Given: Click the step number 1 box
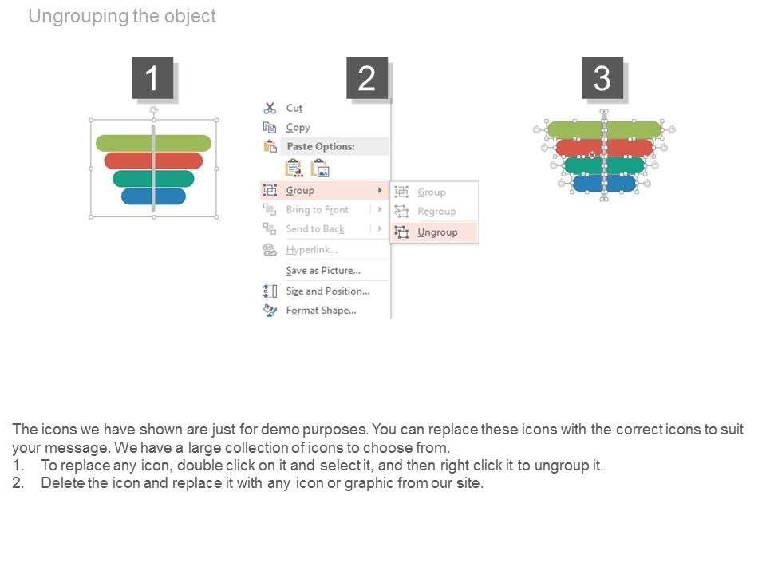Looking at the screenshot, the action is pyautogui.click(x=152, y=78).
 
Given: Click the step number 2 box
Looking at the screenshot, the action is pyautogui.click(x=367, y=78).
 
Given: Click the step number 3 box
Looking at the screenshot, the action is pyautogui.click(x=602, y=78).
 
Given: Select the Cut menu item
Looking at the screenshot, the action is pyautogui.click(x=294, y=108).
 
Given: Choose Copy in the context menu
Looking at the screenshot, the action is pyautogui.click(x=298, y=127).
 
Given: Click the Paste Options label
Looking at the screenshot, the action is pyautogui.click(x=320, y=147).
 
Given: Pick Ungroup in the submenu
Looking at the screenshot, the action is pyautogui.click(x=437, y=232).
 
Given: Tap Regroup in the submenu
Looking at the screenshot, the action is pyautogui.click(x=436, y=212).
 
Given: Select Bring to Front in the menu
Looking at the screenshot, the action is pyautogui.click(x=317, y=210).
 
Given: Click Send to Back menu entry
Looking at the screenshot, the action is pyautogui.click(x=315, y=229).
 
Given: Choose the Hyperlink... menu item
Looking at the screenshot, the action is pyautogui.click(x=310, y=250).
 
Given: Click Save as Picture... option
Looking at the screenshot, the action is pyautogui.click(x=322, y=271).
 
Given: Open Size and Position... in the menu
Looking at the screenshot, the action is pyautogui.click(x=327, y=291).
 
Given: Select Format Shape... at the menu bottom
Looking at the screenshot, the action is pyautogui.click(x=321, y=311).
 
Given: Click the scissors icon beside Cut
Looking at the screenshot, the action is pyautogui.click(x=270, y=108).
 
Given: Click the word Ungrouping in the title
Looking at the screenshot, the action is pyautogui.click(x=77, y=16).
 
